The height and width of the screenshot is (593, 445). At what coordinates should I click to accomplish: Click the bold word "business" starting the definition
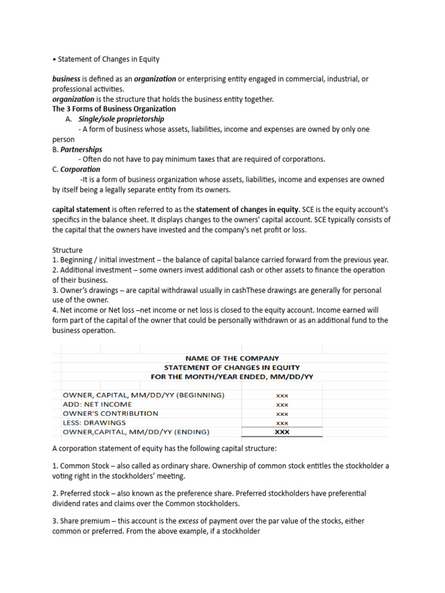click(x=67, y=79)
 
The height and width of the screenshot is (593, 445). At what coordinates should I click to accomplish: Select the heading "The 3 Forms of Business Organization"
click(x=114, y=109)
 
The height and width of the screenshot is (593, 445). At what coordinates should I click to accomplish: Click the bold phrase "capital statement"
click(x=81, y=210)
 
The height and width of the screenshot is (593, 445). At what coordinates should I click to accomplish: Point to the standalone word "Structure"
click(x=68, y=250)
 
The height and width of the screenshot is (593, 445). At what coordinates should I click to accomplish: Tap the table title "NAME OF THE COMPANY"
click(x=231, y=358)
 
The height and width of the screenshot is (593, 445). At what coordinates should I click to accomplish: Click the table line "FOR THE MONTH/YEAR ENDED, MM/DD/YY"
click(x=231, y=376)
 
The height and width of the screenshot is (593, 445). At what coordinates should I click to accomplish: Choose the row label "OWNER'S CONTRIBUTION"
click(x=110, y=413)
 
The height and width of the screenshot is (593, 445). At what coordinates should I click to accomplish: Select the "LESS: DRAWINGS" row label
click(x=94, y=423)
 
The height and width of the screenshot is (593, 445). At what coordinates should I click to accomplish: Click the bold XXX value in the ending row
click(x=282, y=432)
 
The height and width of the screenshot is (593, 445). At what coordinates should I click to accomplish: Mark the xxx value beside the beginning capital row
click(x=282, y=396)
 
